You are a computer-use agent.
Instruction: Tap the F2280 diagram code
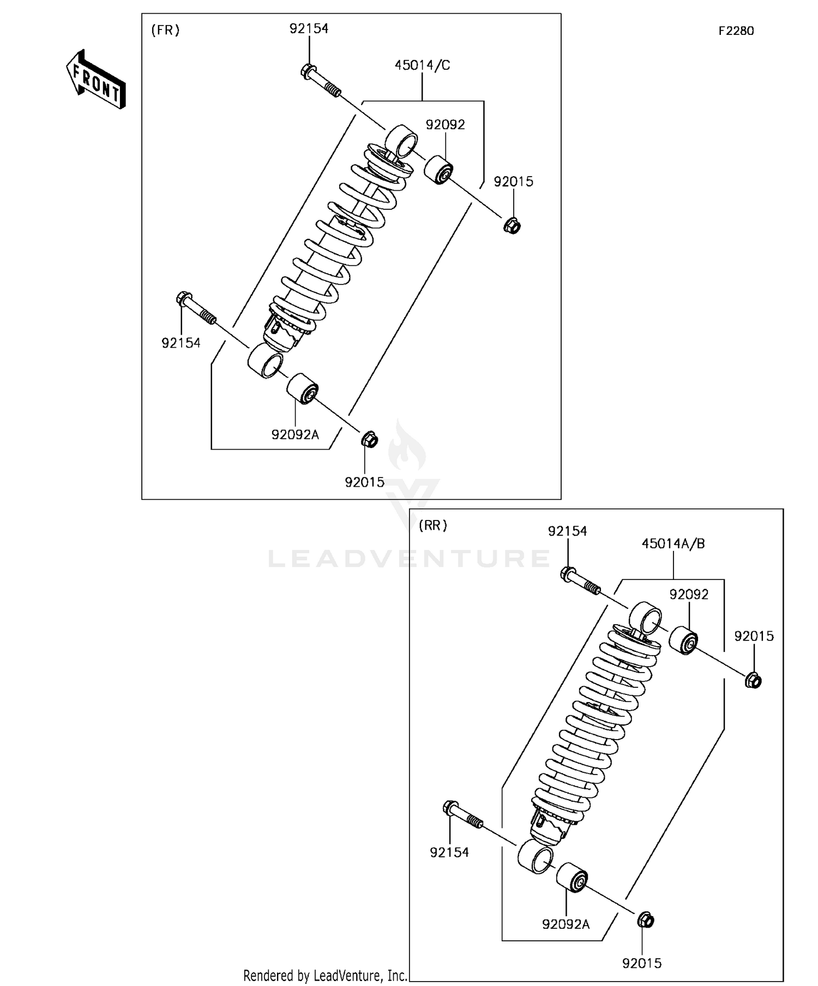(736, 31)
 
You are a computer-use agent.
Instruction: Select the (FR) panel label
(165, 30)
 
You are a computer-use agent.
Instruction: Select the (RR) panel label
(432, 525)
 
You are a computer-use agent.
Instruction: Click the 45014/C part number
(422, 65)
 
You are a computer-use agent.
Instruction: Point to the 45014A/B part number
(673, 543)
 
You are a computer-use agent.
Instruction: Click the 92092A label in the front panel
(295, 434)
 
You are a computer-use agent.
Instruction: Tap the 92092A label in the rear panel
(566, 924)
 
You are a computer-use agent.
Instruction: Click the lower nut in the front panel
(369, 439)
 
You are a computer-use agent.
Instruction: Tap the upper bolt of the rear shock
(580, 581)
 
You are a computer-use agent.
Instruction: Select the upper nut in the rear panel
(753, 680)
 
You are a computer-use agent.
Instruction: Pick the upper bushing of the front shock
(439, 170)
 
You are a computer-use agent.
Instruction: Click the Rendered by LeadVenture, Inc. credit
(325, 975)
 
